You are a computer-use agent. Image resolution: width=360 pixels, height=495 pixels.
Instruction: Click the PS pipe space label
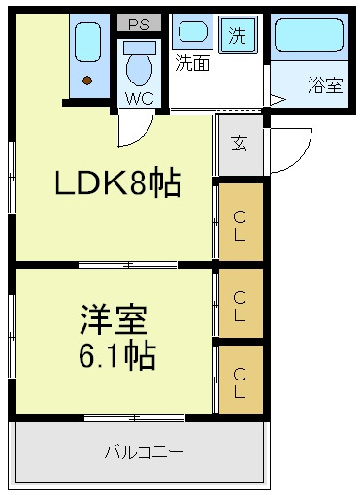[139, 24]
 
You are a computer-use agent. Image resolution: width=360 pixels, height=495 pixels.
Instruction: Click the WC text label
[140, 98]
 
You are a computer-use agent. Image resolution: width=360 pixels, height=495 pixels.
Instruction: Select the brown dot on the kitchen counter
[87, 81]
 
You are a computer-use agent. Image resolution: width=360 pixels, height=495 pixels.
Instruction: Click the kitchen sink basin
[87, 42]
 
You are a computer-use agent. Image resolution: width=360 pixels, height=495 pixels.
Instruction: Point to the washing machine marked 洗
[238, 35]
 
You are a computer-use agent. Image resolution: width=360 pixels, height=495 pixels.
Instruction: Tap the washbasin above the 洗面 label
[193, 32]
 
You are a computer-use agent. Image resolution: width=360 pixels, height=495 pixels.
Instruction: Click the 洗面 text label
[192, 63]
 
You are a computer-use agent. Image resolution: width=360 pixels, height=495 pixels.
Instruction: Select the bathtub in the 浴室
[309, 35]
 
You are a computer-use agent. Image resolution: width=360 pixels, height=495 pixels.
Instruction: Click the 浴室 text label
[325, 85]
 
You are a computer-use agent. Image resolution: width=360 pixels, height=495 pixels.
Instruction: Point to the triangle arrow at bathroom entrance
[278, 100]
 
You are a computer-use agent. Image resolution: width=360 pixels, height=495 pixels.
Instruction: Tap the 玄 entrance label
[240, 144]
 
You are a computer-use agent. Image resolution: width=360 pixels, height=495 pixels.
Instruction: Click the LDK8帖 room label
[117, 182]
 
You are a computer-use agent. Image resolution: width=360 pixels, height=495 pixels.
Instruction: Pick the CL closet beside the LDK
[241, 222]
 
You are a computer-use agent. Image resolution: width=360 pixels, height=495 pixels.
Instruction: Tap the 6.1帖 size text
[117, 355]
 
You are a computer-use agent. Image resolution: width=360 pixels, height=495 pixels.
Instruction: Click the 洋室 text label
[114, 318]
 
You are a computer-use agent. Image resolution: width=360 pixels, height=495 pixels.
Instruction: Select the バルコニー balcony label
[145, 452]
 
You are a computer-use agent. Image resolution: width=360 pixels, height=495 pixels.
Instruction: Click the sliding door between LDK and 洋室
[128, 265]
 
